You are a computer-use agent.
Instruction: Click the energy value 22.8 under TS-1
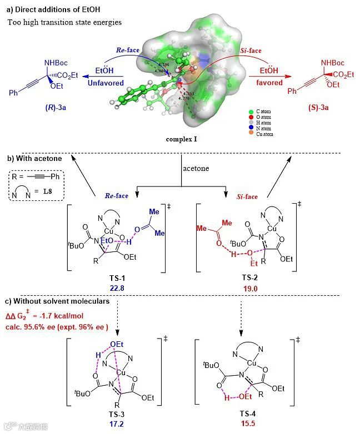pyautogui.click(x=124, y=287)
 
